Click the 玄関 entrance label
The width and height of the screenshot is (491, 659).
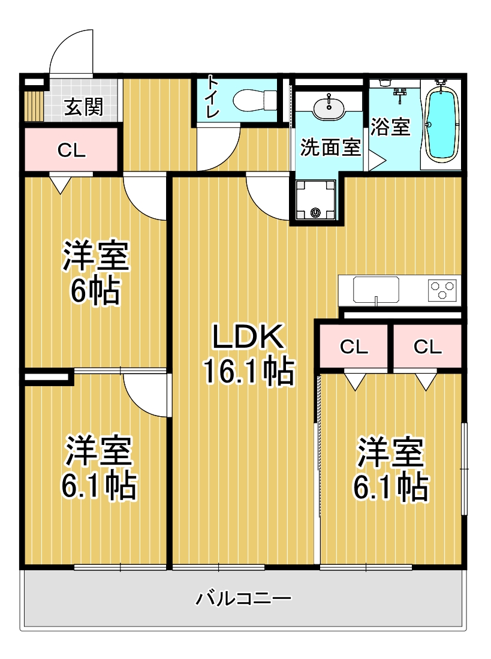[83, 107]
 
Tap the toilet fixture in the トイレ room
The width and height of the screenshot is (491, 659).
[254, 100]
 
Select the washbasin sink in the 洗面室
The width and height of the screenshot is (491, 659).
[329, 109]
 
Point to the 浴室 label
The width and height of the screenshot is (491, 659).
[390, 127]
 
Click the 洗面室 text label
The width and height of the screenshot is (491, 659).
[330, 148]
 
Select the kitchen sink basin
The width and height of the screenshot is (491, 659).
[376, 289]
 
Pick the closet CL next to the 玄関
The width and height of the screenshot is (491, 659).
[71, 151]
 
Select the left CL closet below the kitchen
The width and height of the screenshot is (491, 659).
[354, 347]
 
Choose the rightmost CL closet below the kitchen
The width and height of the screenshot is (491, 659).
[427, 347]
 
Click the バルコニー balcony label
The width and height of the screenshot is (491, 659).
[243, 598]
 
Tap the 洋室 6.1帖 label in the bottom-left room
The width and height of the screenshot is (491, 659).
[98, 468]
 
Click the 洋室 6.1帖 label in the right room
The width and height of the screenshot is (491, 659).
[390, 470]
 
